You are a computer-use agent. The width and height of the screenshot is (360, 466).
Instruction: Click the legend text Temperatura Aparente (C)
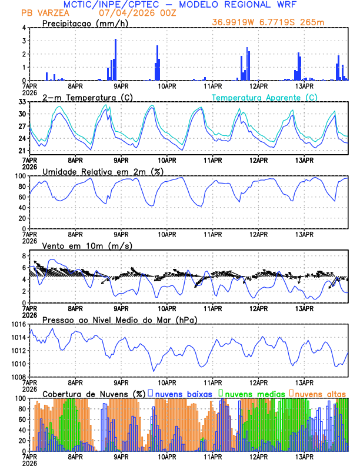coord(265,97)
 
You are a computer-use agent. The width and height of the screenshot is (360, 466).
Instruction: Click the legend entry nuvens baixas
coord(184,394)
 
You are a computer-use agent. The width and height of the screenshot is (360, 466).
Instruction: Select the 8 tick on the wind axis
coord(25,256)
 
